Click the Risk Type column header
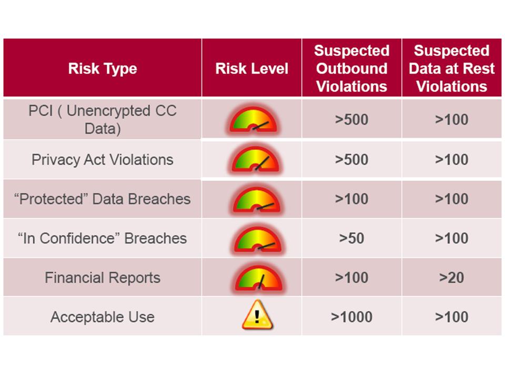103,68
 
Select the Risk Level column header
251,68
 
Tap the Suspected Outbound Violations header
352,68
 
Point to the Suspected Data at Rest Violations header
451,68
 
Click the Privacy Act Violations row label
103,159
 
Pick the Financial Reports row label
103,277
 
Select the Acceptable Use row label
103,317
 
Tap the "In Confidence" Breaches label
103,238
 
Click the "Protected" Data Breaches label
103,199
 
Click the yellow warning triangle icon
257,315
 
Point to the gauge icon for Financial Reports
259,278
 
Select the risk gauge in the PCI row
253,119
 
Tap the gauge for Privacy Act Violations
256,159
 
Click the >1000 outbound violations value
352,317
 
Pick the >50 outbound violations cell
352,238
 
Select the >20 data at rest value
451,277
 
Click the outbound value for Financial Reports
352,277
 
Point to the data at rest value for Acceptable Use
451,317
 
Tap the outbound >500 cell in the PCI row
352,119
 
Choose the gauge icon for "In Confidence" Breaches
258,239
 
